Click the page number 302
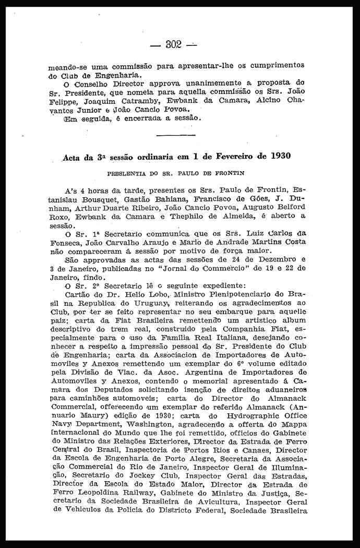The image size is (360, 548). pos(173,44)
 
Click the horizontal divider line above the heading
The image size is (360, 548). pos(175,135)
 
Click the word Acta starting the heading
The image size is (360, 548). pos(72,156)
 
